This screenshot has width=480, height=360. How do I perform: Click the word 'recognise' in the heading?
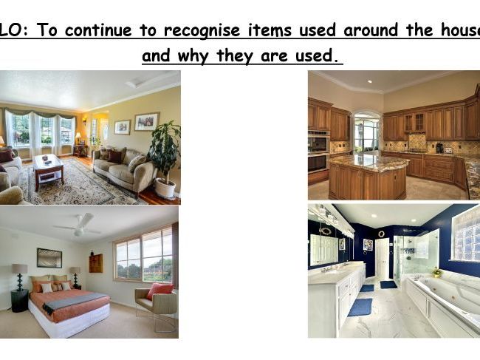202,30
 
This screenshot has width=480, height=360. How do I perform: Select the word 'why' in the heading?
193,56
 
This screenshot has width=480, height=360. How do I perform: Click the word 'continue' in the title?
98,30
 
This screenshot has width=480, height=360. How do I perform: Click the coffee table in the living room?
48,170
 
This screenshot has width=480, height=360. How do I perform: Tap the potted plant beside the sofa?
165,160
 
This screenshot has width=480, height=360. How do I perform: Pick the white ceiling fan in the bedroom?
78,225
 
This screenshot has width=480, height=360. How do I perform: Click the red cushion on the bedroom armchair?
160,291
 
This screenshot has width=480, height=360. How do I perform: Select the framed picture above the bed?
49,258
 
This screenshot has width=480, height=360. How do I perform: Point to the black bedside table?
20,301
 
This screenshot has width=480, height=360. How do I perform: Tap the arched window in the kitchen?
366,132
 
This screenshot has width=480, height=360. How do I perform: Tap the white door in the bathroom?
382,259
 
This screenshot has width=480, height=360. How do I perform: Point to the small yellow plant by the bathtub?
436,272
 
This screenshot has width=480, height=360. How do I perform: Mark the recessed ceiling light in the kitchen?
370,81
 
